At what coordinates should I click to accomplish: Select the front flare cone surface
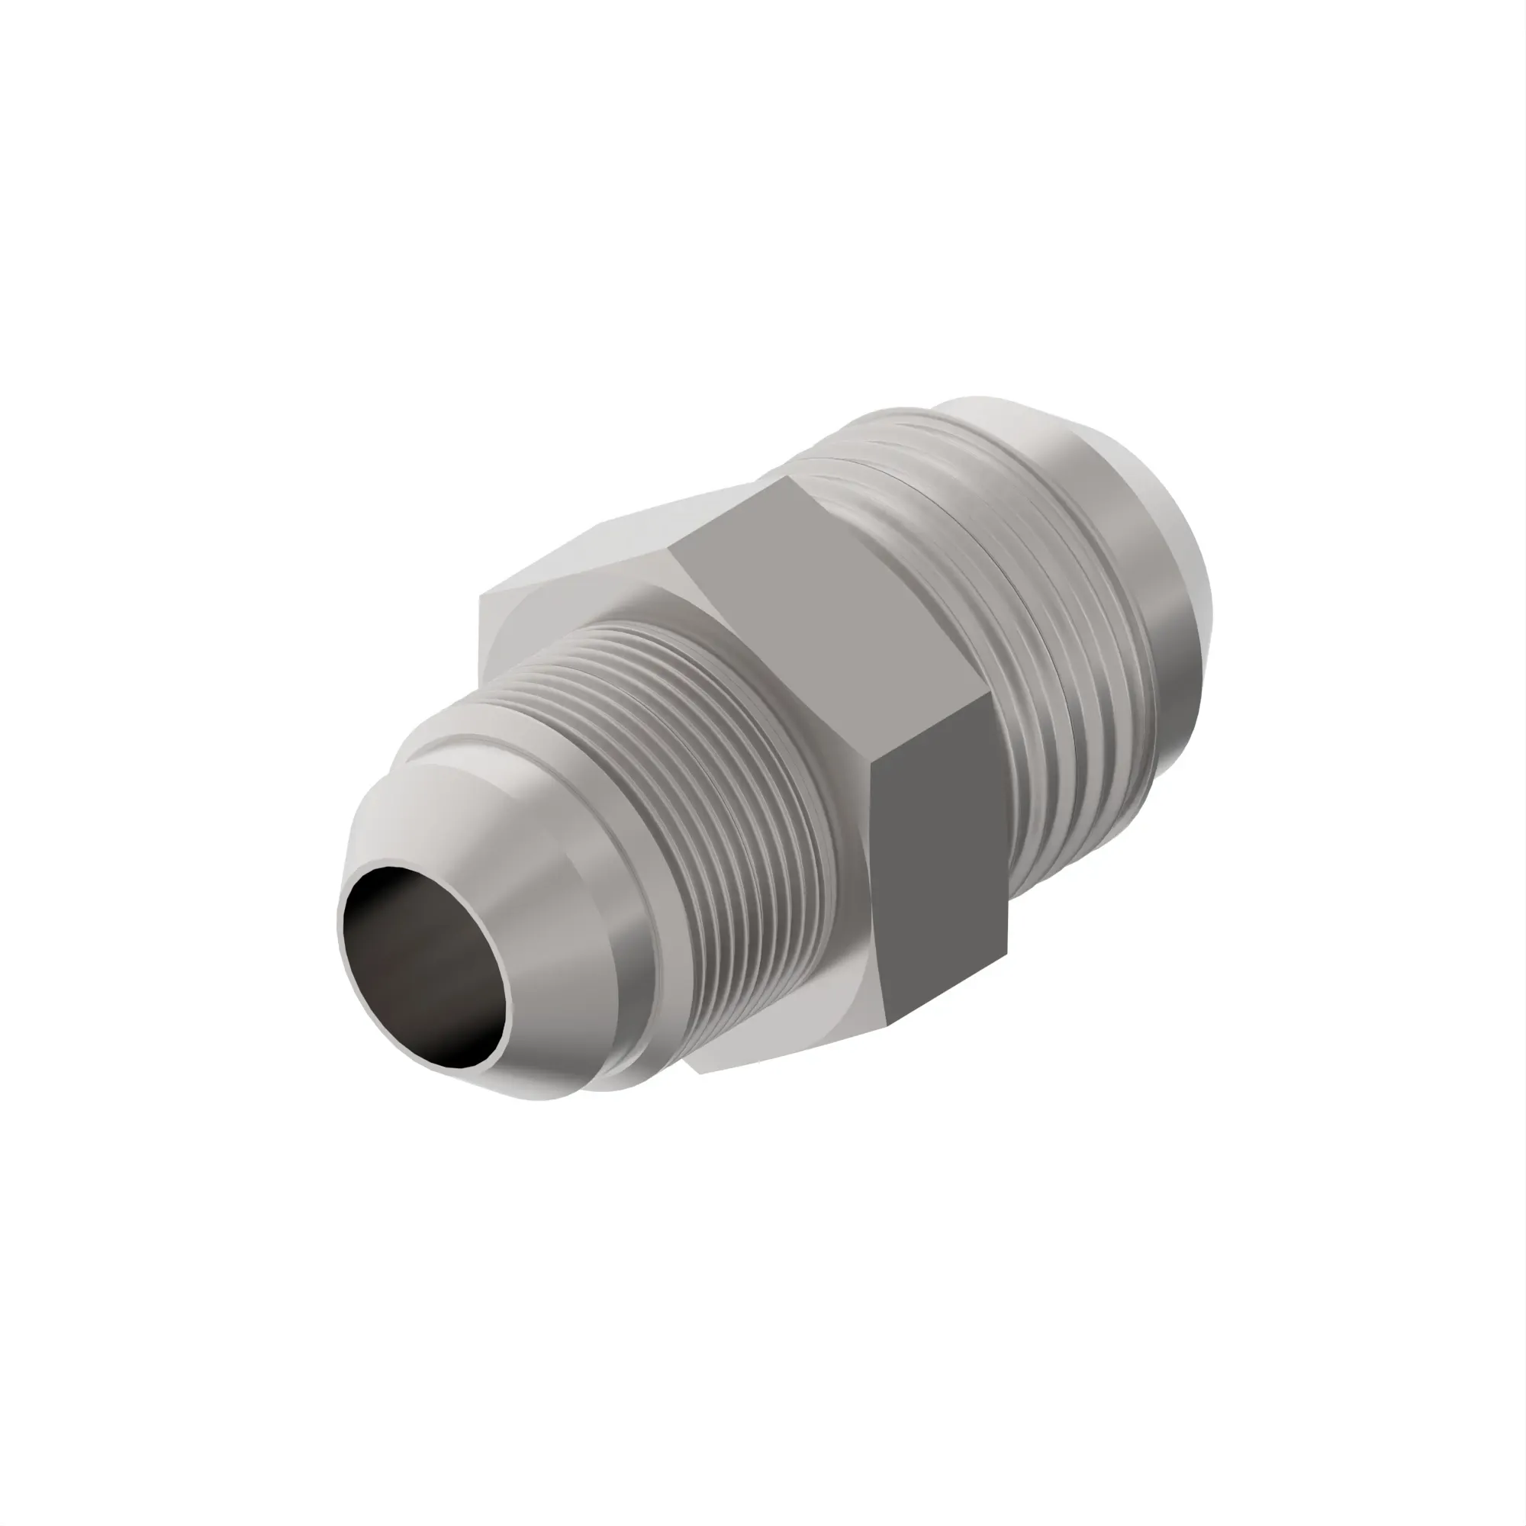click(553, 932)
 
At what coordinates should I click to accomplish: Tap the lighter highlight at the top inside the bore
click(403, 881)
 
